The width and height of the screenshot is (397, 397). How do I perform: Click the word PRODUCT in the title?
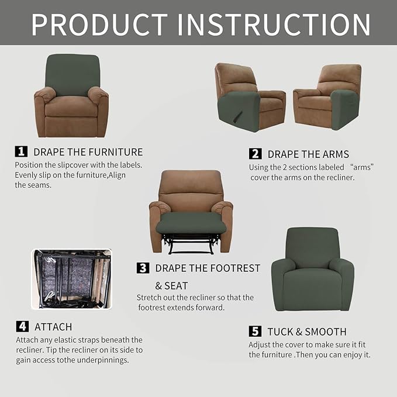click(99, 24)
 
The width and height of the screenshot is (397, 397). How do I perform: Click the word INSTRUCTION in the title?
click(273, 24)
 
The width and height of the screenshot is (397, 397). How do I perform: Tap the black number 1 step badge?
click(21, 151)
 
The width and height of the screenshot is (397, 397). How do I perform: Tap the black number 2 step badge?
click(255, 154)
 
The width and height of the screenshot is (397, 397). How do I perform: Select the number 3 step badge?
click(143, 268)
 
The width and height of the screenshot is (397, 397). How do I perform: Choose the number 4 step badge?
click(21, 326)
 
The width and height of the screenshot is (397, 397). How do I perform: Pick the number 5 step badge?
click(255, 332)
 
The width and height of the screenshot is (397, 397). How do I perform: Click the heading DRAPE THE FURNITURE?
click(88, 152)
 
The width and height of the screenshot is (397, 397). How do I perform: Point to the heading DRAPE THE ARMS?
click(308, 154)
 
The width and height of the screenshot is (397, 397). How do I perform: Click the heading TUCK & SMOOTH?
click(307, 332)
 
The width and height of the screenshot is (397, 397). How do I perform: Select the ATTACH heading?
click(53, 327)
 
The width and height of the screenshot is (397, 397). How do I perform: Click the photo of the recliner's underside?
click(71, 279)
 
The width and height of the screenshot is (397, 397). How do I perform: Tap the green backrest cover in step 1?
click(72, 74)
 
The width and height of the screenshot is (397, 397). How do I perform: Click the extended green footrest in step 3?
click(191, 223)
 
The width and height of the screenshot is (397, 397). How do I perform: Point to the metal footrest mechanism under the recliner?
click(191, 243)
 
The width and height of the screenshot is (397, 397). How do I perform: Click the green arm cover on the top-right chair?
click(344, 109)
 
